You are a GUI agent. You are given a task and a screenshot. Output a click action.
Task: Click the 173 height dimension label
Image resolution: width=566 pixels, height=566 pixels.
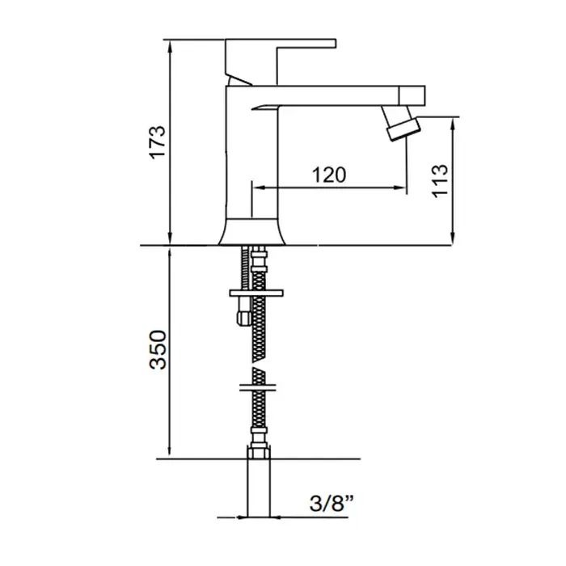[158, 142]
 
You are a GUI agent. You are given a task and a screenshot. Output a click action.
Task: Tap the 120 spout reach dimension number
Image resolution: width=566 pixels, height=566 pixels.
[329, 175]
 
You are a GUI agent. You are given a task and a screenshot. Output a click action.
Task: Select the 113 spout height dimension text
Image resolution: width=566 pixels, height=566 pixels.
[440, 181]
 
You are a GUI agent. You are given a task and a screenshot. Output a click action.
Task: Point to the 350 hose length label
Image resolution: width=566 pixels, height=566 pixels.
[158, 349]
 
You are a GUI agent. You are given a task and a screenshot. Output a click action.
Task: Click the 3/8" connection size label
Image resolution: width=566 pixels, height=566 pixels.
[332, 503]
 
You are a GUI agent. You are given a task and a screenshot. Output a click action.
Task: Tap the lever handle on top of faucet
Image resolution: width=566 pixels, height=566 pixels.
[280, 61]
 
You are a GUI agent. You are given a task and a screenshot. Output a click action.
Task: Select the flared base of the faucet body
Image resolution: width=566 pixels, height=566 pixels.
[251, 232]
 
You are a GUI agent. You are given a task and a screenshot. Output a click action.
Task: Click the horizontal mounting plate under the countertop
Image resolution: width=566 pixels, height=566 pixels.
[256, 293]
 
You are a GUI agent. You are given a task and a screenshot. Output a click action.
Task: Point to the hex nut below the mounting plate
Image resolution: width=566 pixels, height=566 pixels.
[244, 317]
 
